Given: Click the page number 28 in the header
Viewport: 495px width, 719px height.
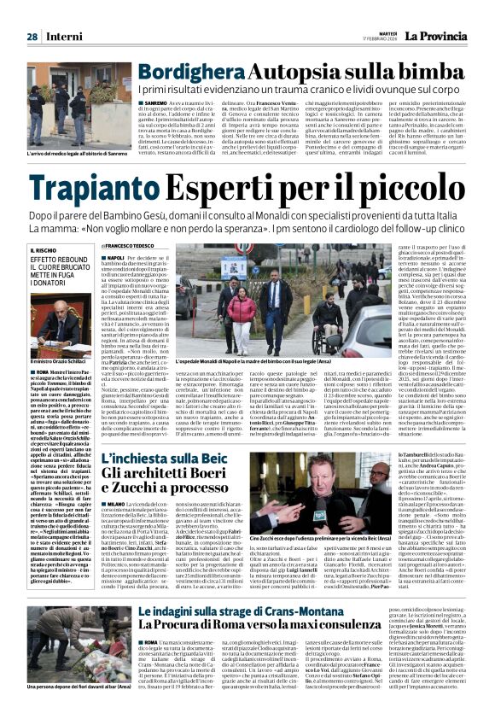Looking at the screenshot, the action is click(31, 37).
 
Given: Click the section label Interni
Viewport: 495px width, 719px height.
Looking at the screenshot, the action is click(65, 37).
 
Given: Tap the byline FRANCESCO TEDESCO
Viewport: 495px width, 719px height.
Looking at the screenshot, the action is click(137, 247).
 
